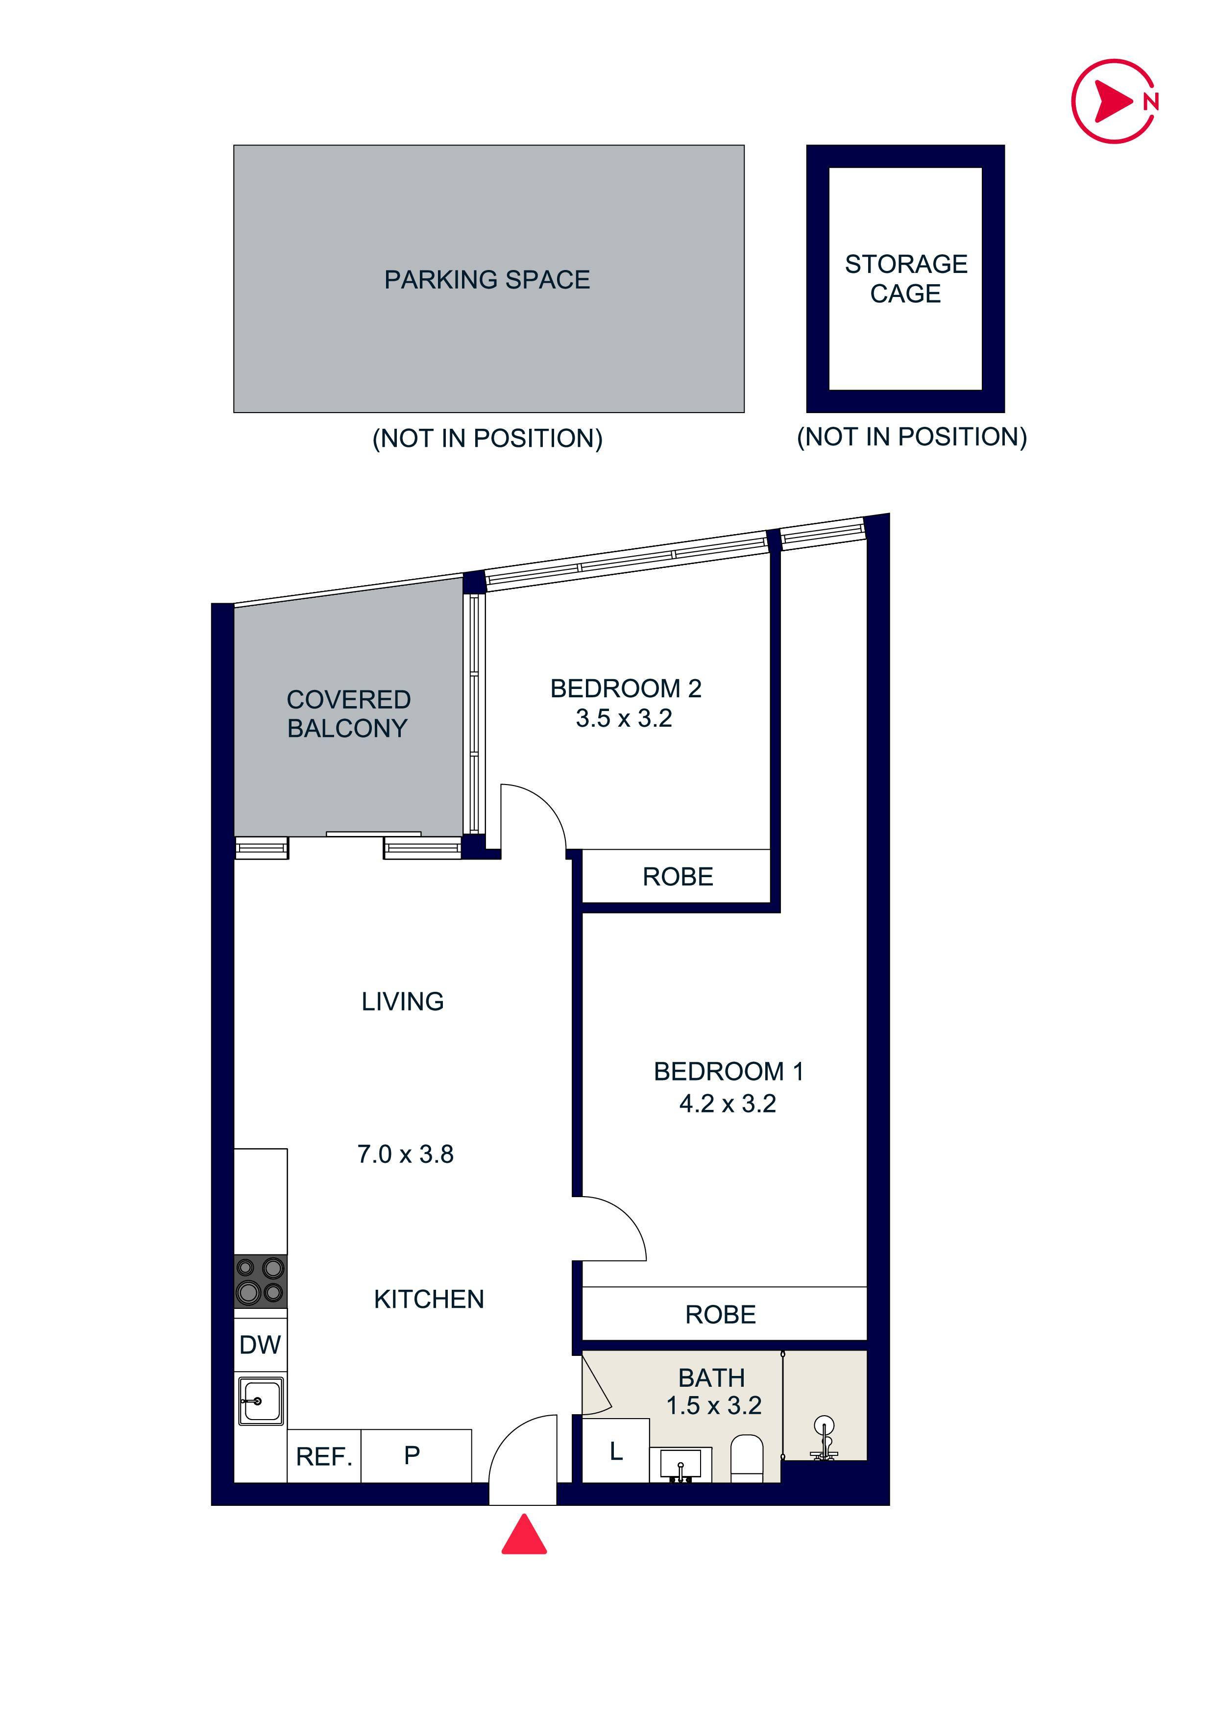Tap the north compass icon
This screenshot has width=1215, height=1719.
(x=1115, y=101)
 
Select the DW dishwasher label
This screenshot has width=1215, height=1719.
(x=260, y=1346)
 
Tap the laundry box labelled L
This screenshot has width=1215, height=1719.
(x=615, y=1452)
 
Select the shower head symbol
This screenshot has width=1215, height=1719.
(x=824, y=1438)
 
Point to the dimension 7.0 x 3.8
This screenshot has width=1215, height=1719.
(x=405, y=1154)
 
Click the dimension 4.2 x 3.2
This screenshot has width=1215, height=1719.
(x=728, y=1104)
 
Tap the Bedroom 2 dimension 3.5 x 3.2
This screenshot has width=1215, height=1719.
(x=624, y=719)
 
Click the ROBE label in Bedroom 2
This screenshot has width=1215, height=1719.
(x=678, y=877)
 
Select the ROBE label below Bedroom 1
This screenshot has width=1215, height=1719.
(x=720, y=1315)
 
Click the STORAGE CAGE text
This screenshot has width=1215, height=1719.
(x=906, y=278)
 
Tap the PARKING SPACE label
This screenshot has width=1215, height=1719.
(x=487, y=279)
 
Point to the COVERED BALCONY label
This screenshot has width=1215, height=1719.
(x=348, y=713)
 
